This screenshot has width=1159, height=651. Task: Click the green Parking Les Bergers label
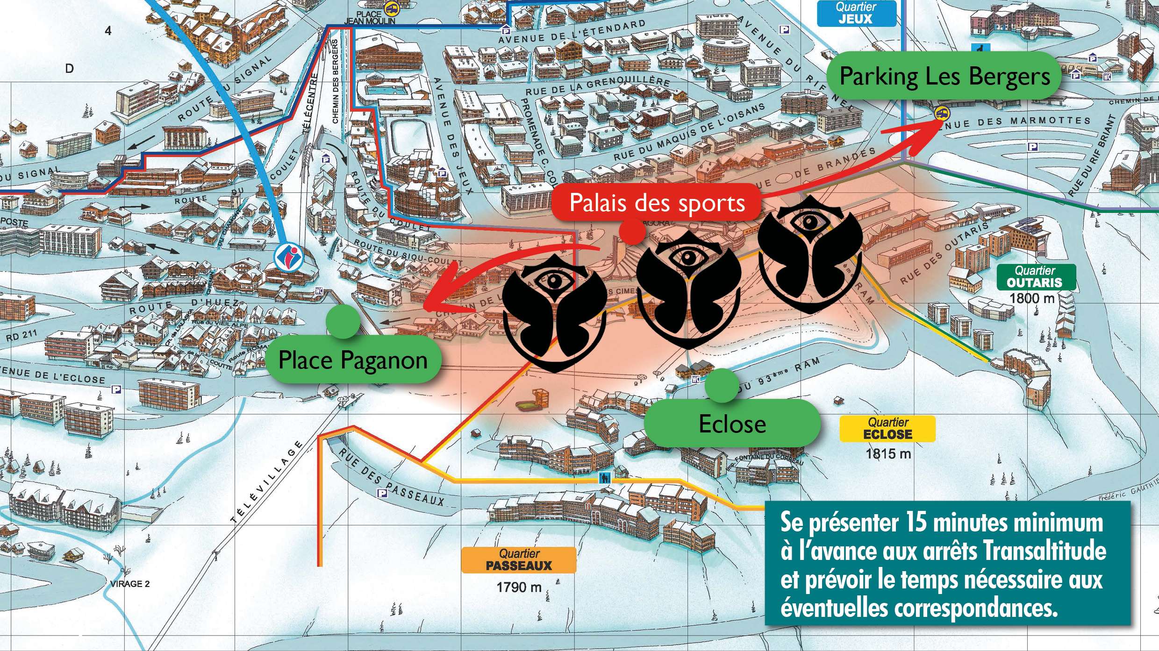click(944, 76)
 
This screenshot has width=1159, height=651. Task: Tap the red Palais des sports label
click(657, 203)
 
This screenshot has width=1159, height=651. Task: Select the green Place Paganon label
click(353, 360)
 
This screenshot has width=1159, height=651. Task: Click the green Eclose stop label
click(732, 424)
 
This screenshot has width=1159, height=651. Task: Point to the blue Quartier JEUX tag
click(856, 13)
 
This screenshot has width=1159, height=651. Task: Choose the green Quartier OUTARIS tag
click(1035, 277)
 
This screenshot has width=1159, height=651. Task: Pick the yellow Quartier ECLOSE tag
click(887, 429)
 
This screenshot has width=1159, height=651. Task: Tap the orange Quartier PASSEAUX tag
click(519, 560)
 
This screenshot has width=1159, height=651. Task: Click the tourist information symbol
click(288, 257)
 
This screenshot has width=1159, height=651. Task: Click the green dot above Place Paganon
click(343, 321)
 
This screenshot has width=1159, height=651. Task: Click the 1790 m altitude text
click(519, 587)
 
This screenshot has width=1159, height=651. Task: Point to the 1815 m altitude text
click(888, 454)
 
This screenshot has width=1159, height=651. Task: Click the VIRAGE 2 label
click(130, 584)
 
